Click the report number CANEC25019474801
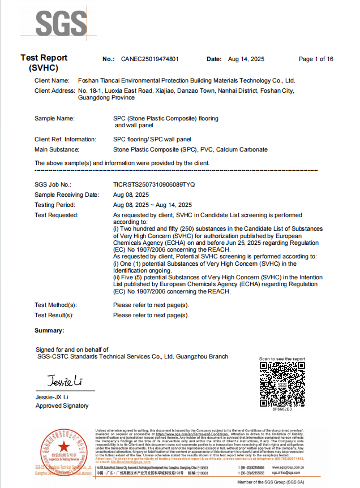(150, 59)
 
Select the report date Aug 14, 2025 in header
(246, 59)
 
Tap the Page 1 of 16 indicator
(316, 59)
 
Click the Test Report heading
(44, 58)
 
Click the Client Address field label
(55, 90)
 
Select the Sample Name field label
(54, 119)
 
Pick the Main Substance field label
(57, 150)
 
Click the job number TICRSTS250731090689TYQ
(154, 184)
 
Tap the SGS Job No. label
(53, 184)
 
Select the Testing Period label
(54, 205)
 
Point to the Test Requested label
(57, 215)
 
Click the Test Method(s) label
(55, 305)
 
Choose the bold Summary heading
(49, 330)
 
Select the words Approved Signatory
(62, 406)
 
